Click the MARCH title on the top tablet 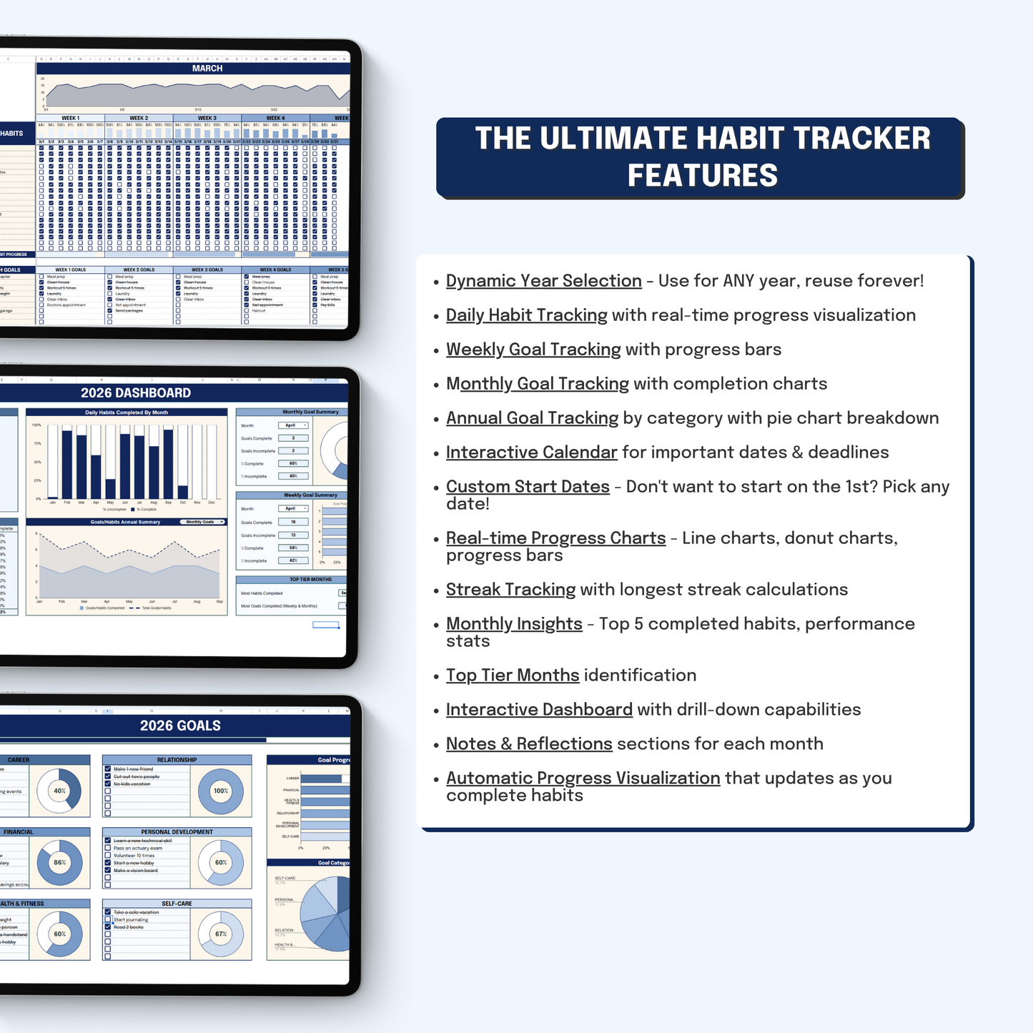pos(207,69)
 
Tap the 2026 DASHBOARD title pos(136,392)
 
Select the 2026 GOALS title pos(180,726)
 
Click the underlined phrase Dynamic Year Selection pos(543,281)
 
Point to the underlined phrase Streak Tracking pos(510,590)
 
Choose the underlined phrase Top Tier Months pos(513,676)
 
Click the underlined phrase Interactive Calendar pos(531,453)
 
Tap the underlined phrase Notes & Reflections pos(529,744)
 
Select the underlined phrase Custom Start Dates pos(528,487)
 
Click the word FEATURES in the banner pos(702,176)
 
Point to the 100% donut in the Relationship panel pos(221,791)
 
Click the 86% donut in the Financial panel pos(59,862)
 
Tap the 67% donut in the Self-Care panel pos(221,934)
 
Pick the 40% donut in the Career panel pos(59,791)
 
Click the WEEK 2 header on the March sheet pos(139,118)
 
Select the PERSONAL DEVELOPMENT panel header pos(177,832)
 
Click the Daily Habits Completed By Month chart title pos(127,412)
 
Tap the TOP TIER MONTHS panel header pos(310,580)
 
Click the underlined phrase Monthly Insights pos(514,624)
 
